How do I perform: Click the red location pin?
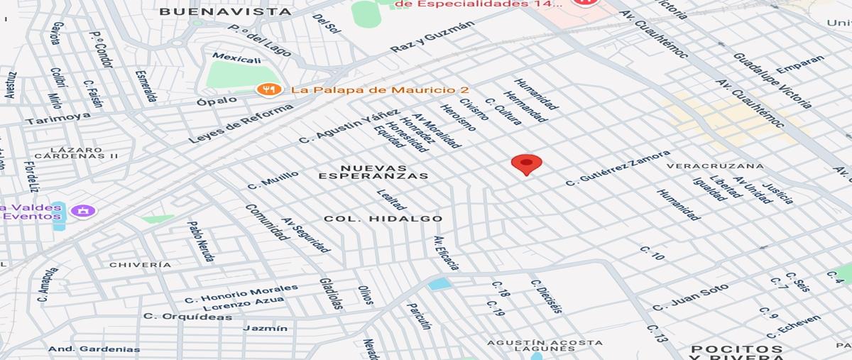click(526, 164)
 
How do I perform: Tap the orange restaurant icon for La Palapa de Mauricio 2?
click(266, 89)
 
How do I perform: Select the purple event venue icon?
click(83, 211)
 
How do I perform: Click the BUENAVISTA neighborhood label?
click(225, 11)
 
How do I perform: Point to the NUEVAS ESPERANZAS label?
click(373, 172)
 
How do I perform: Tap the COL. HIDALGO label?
click(383, 219)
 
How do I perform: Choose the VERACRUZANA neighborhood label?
click(715, 166)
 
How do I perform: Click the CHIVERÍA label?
click(140, 265)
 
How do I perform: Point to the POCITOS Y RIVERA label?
click(737, 353)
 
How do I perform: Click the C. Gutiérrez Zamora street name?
click(617, 168)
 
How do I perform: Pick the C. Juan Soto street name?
click(690, 298)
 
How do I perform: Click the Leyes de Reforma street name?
click(241, 124)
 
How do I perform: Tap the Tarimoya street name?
click(58, 119)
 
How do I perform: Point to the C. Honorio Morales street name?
click(241, 293)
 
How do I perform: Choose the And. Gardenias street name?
click(94, 349)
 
